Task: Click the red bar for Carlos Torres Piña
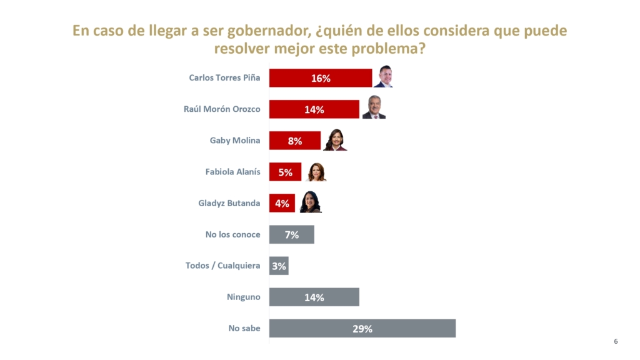pyautogui.click(x=321, y=78)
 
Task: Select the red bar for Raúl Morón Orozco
pyautogui.click(x=314, y=109)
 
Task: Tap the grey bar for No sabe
pyautogui.click(x=362, y=328)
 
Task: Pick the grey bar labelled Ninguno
pyautogui.click(x=314, y=297)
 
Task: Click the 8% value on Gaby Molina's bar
pyautogui.click(x=295, y=141)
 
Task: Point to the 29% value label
pyautogui.click(x=362, y=329)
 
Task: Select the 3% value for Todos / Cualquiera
pyautogui.click(x=279, y=266)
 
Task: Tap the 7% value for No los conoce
pyautogui.click(x=292, y=235)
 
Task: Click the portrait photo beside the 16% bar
pyautogui.click(x=382, y=77)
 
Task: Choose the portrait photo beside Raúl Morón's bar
pyautogui.click(x=374, y=108)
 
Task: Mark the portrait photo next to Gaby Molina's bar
pyautogui.click(x=335, y=139)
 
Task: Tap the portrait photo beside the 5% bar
pyautogui.click(x=316, y=171)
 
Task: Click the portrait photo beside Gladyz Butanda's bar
pyautogui.click(x=311, y=202)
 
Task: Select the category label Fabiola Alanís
pyautogui.click(x=232, y=172)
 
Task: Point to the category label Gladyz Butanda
pyautogui.click(x=229, y=203)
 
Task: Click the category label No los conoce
pyautogui.click(x=232, y=234)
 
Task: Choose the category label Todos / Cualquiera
pyautogui.click(x=222, y=266)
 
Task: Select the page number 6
pyautogui.click(x=616, y=341)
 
